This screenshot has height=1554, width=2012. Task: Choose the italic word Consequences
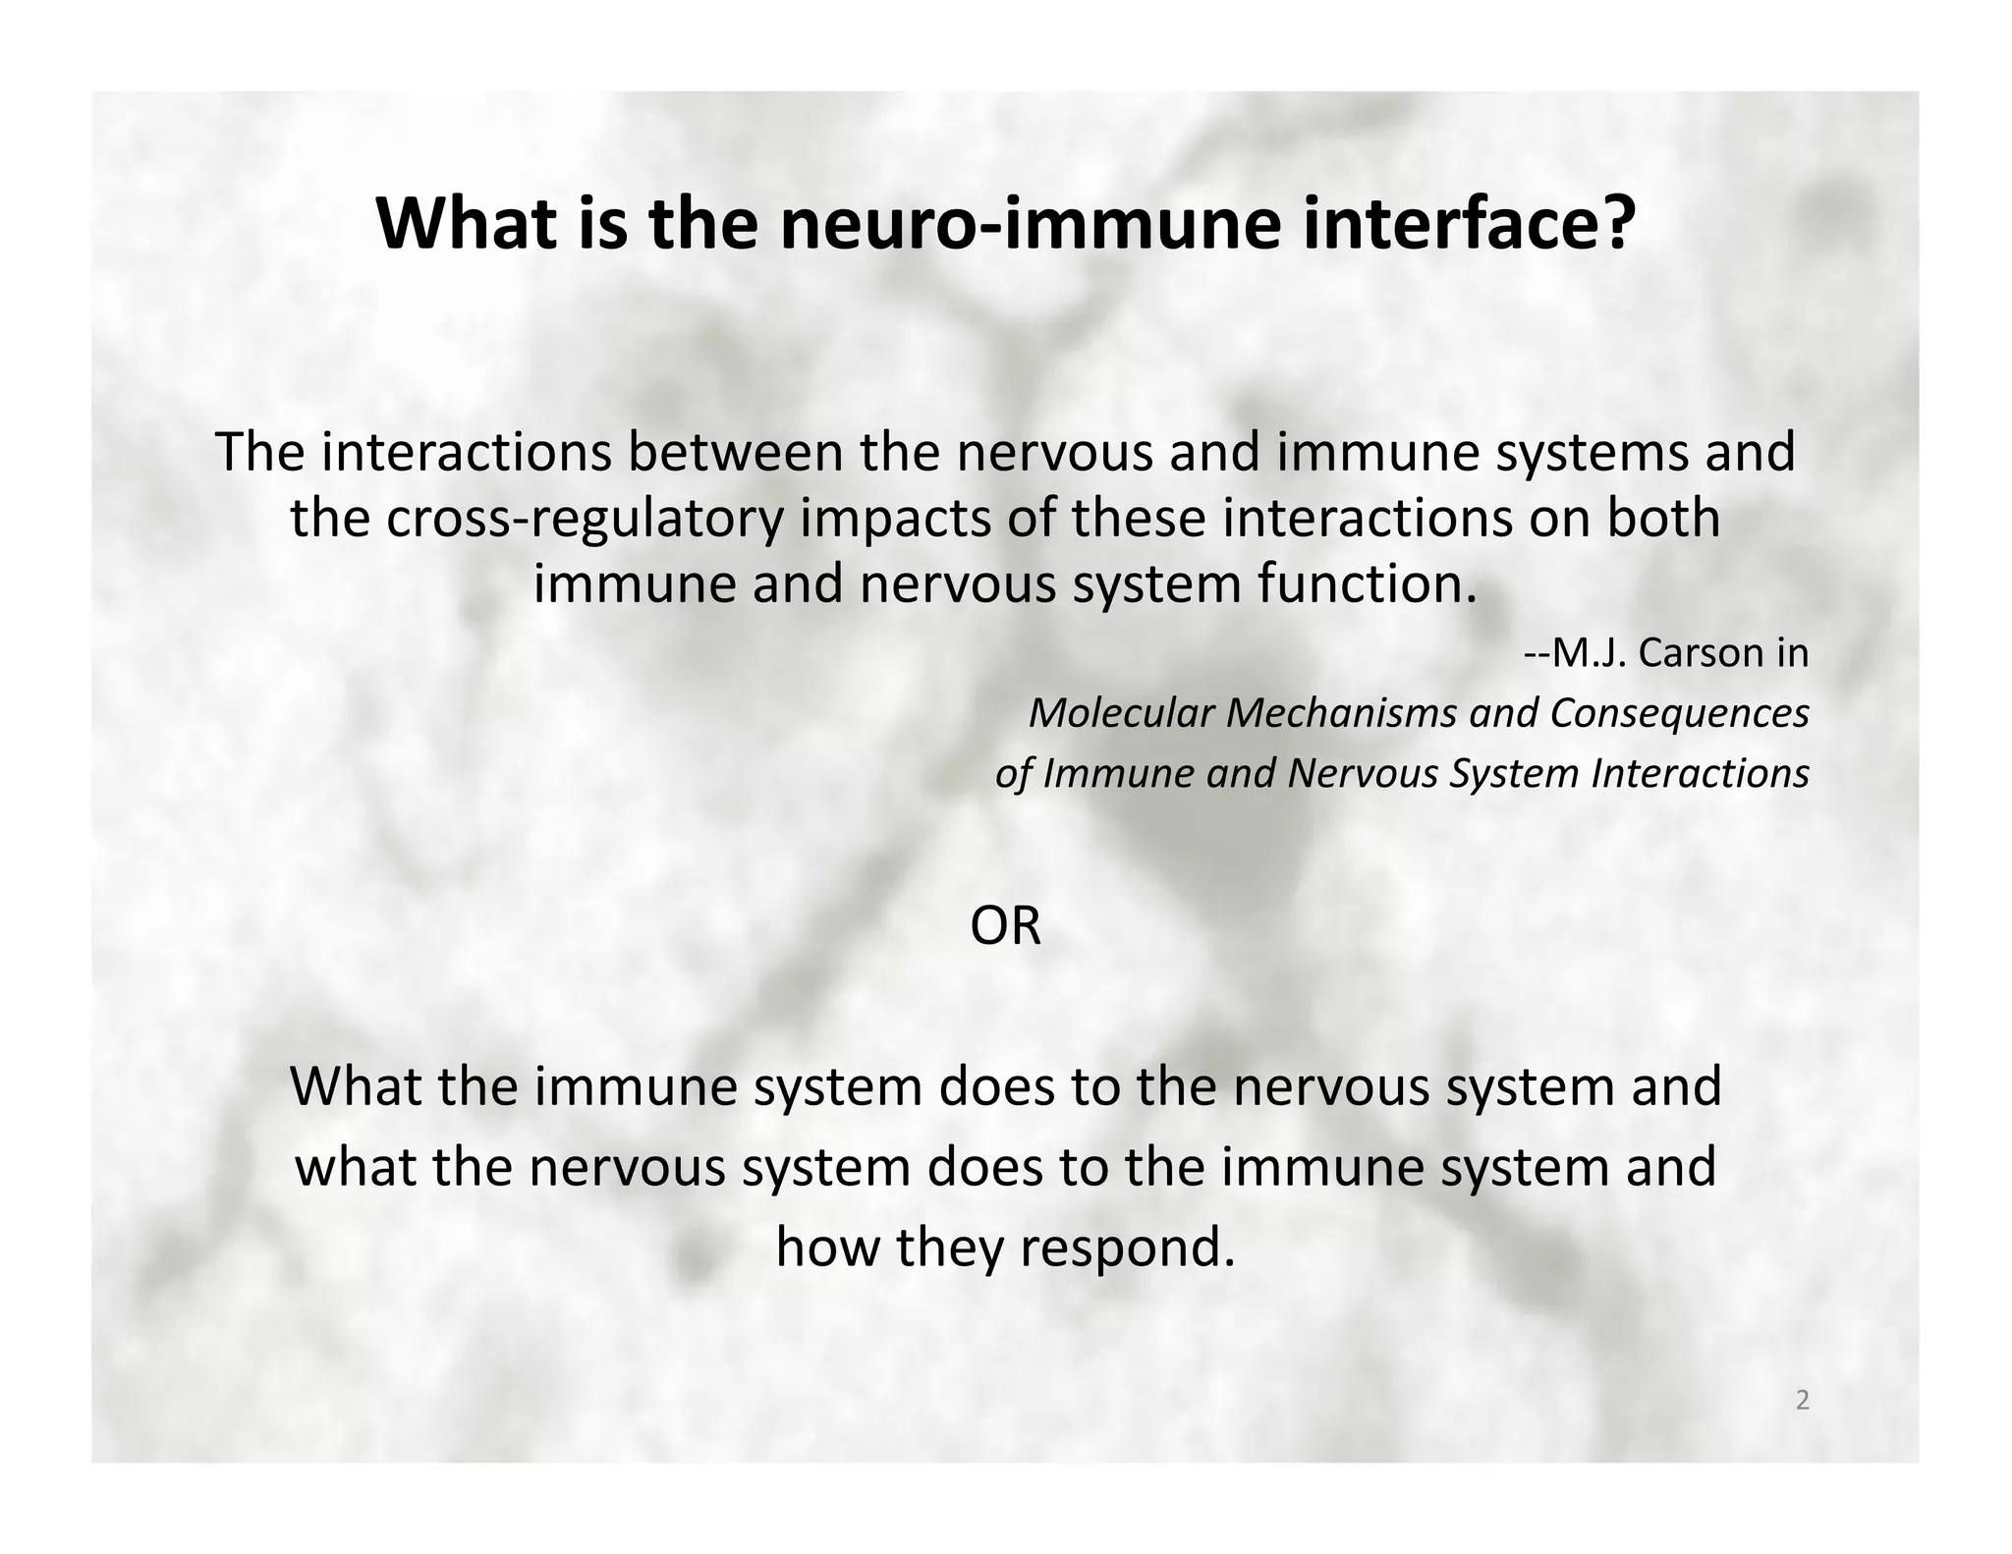pos(1679,713)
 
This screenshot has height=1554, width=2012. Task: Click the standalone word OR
pos(1005,927)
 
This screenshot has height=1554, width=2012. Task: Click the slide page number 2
pos(1802,1401)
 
